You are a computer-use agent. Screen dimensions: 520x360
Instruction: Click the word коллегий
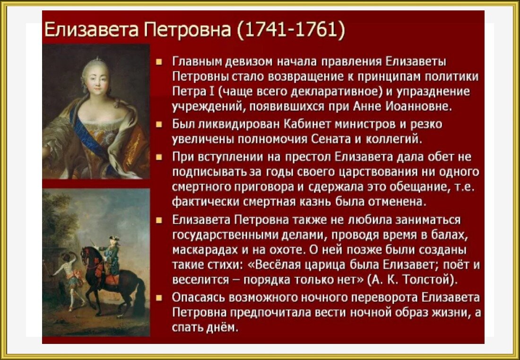coord(394,139)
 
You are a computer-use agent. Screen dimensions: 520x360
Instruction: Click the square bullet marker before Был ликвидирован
coord(159,124)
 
